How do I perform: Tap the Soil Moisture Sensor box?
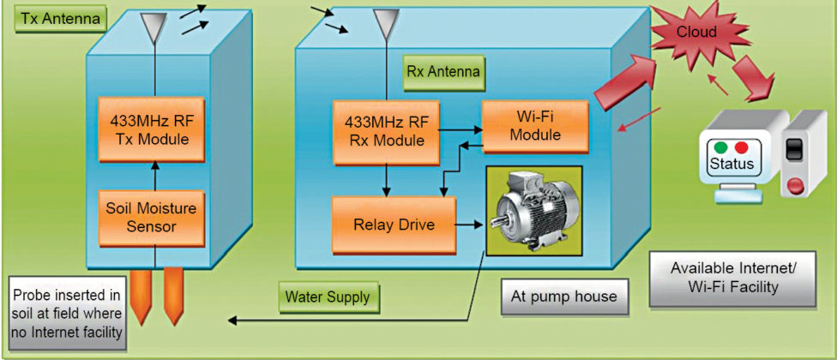pyautogui.click(x=153, y=217)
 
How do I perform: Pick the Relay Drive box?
pyautogui.click(x=394, y=225)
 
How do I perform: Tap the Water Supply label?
pyautogui.click(x=327, y=297)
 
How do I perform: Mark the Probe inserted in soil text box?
pyautogui.click(x=66, y=310)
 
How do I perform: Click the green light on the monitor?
pyautogui.click(x=721, y=147)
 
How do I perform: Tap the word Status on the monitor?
pyautogui.click(x=732, y=164)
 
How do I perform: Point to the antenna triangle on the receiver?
pyautogui.click(x=386, y=23)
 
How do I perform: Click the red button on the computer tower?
pyautogui.click(x=797, y=183)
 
